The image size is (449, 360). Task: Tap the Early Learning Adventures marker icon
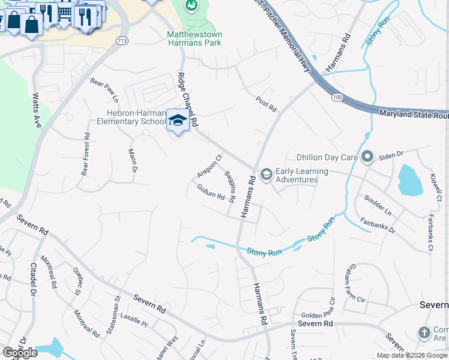[x=266, y=175]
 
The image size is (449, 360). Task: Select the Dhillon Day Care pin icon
[x=367, y=158]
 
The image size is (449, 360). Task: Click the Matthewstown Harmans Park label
[x=194, y=38]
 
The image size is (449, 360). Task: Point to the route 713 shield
[x=122, y=41]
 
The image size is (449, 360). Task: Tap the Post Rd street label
[x=266, y=104]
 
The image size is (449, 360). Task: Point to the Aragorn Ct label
[x=209, y=167]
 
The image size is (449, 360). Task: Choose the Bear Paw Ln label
[x=104, y=90]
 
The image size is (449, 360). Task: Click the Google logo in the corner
[x=20, y=352]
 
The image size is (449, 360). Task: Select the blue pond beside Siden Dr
[x=409, y=179]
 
